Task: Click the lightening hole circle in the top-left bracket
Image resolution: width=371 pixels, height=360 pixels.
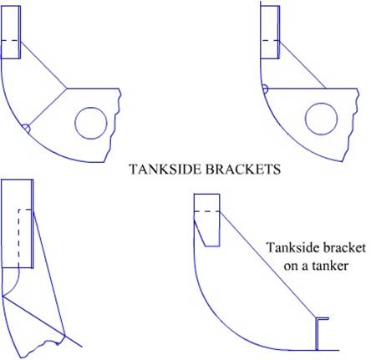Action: tap(91, 107)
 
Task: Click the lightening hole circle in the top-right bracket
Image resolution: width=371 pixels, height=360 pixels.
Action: tap(322, 103)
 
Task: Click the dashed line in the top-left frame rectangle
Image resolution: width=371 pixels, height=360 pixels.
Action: tap(10, 41)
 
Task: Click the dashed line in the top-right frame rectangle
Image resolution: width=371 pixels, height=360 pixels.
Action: tap(269, 41)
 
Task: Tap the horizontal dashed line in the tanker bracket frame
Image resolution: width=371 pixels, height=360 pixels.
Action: tap(206, 211)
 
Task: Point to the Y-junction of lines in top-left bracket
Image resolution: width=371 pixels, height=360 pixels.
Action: tap(67, 89)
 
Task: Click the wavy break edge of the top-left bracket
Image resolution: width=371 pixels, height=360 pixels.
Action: tap(114, 125)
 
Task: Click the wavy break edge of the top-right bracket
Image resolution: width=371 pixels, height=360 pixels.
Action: tap(352, 125)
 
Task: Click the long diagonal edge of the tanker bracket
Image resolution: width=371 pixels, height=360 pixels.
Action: tap(267, 264)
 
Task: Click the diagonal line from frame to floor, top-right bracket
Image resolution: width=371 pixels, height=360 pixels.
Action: tap(302, 64)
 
